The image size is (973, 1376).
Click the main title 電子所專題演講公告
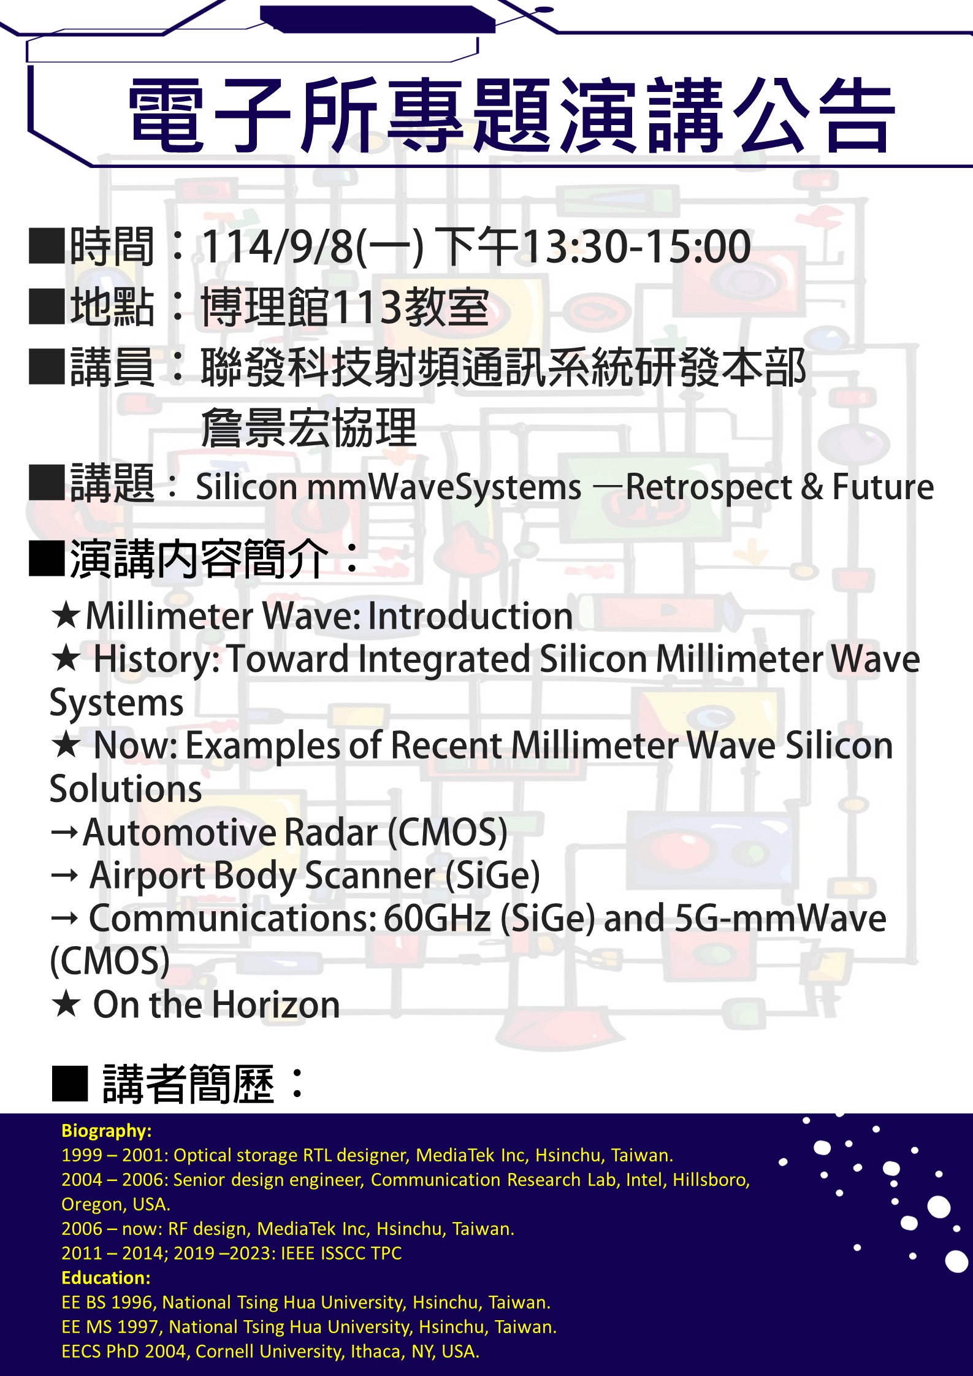pos(512,115)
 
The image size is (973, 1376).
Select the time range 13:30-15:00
pos(636,247)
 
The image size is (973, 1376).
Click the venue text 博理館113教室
pos(345,307)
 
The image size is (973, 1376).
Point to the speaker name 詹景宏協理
pos(309,427)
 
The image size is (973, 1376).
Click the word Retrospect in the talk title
pos(709,487)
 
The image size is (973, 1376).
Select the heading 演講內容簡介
pos(199,559)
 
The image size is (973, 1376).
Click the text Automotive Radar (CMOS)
pos(295,832)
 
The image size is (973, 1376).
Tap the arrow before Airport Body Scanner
pos(64,876)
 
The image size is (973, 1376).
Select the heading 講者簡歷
pos(188,1084)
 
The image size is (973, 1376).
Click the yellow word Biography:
pos(107,1131)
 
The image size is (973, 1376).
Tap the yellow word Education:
pos(106,1278)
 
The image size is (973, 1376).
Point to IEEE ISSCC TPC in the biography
pos(341,1253)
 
